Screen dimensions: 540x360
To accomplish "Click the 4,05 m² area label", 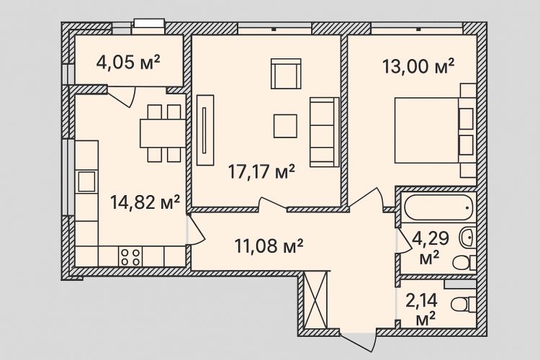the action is [x=128, y=63].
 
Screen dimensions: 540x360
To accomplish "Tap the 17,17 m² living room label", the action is [x=262, y=171].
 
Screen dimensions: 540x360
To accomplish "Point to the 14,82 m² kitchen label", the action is [x=145, y=202].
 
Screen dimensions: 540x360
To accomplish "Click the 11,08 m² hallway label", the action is [x=269, y=246].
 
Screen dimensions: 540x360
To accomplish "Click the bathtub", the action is [x=438, y=208].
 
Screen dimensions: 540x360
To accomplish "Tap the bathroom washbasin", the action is [x=467, y=238].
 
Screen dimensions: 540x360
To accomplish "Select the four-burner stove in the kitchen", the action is [x=131, y=256].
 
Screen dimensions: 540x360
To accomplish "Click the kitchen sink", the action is [x=86, y=181].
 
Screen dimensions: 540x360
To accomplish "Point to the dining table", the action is [x=163, y=133].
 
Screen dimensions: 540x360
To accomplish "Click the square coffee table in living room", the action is [x=285, y=126].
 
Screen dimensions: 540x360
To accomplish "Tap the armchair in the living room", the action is [x=286, y=73].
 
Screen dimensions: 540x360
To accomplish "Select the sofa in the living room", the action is [x=325, y=132].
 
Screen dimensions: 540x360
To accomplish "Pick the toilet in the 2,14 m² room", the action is [x=462, y=305].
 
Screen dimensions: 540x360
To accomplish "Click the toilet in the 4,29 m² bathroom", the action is [x=464, y=264].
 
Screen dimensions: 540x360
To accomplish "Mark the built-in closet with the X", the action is [x=315, y=300].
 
